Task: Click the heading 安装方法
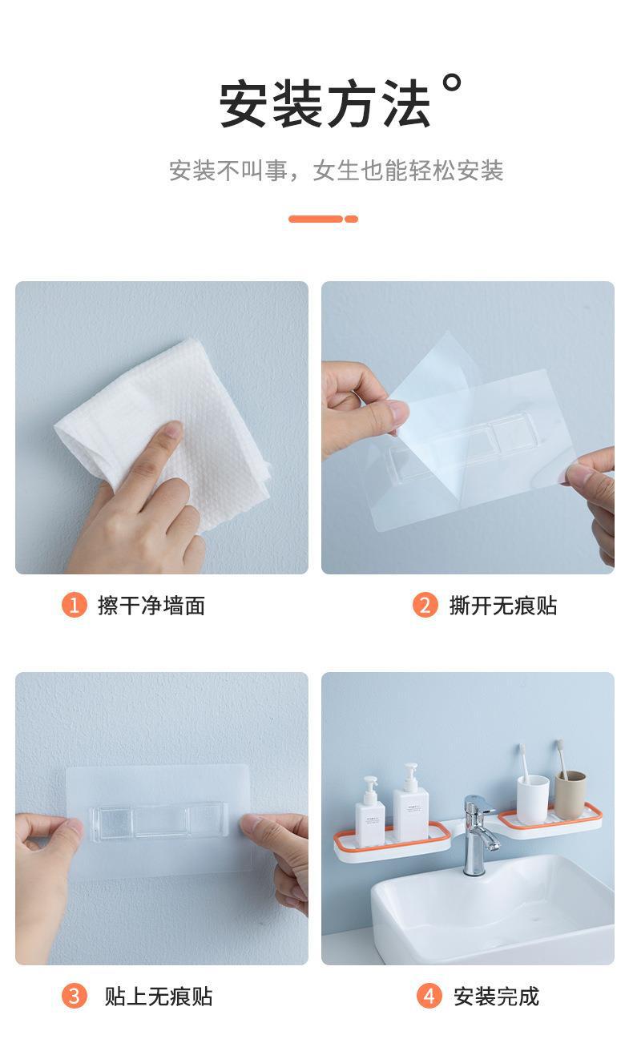pyautogui.click(x=325, y=103)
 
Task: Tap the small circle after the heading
pyautogui.click(x=453, y=83)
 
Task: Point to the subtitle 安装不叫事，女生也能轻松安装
pyautogui.click(x=336, y=171)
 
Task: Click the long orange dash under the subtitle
pyautogui.click(x=316, y=219)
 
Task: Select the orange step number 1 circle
pyautogui.click(x=75, y=605)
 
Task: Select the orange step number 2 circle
pyautogui.click(x=425, y=605)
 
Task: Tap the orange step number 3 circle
pyautogui.click(x=75, y=997)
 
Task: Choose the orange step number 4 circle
pyautogui.click(x=429, y=997)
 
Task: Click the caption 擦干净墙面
pyautogui.click(x=151, y=606)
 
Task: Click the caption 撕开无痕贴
pyautogui.click(x=503, y=606)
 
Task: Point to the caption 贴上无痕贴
pyautogui.click(x=159, y=997)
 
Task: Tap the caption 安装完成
pyautogui.click(x=496, y=997)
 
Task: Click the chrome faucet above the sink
pyautogui.click(x=478, y=833)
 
